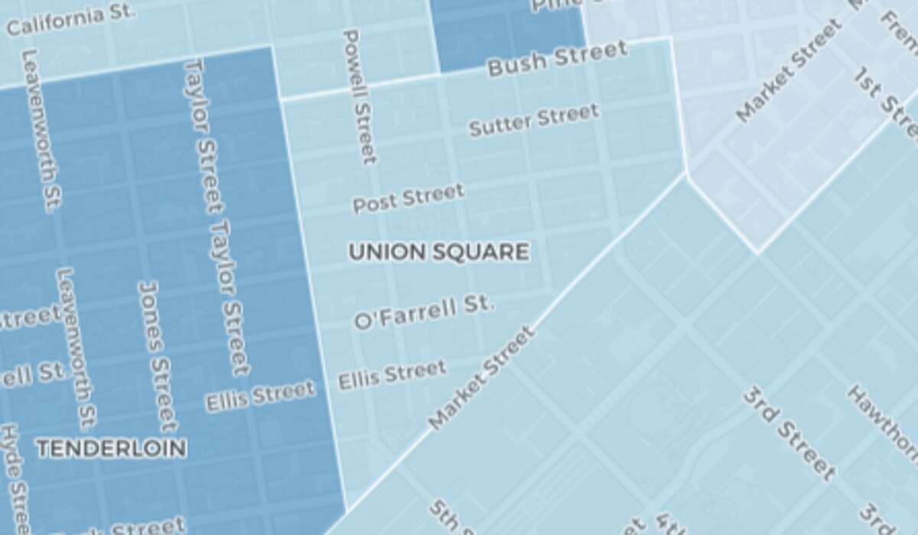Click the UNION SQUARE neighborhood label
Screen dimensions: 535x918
point(438,252)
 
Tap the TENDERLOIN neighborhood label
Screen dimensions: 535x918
point(112,449)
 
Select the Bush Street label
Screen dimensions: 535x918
point(557,59)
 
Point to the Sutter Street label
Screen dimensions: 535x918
point(533,120)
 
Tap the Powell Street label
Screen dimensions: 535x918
point(360,96)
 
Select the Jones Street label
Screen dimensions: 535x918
point(158,356)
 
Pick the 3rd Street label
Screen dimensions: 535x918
point(789,433)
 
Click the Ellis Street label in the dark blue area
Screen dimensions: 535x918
point(260,397)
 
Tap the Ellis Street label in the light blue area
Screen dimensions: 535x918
point(392,374)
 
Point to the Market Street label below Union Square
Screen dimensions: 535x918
point(481,378)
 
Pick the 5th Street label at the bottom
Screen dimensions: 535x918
point(448,520)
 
